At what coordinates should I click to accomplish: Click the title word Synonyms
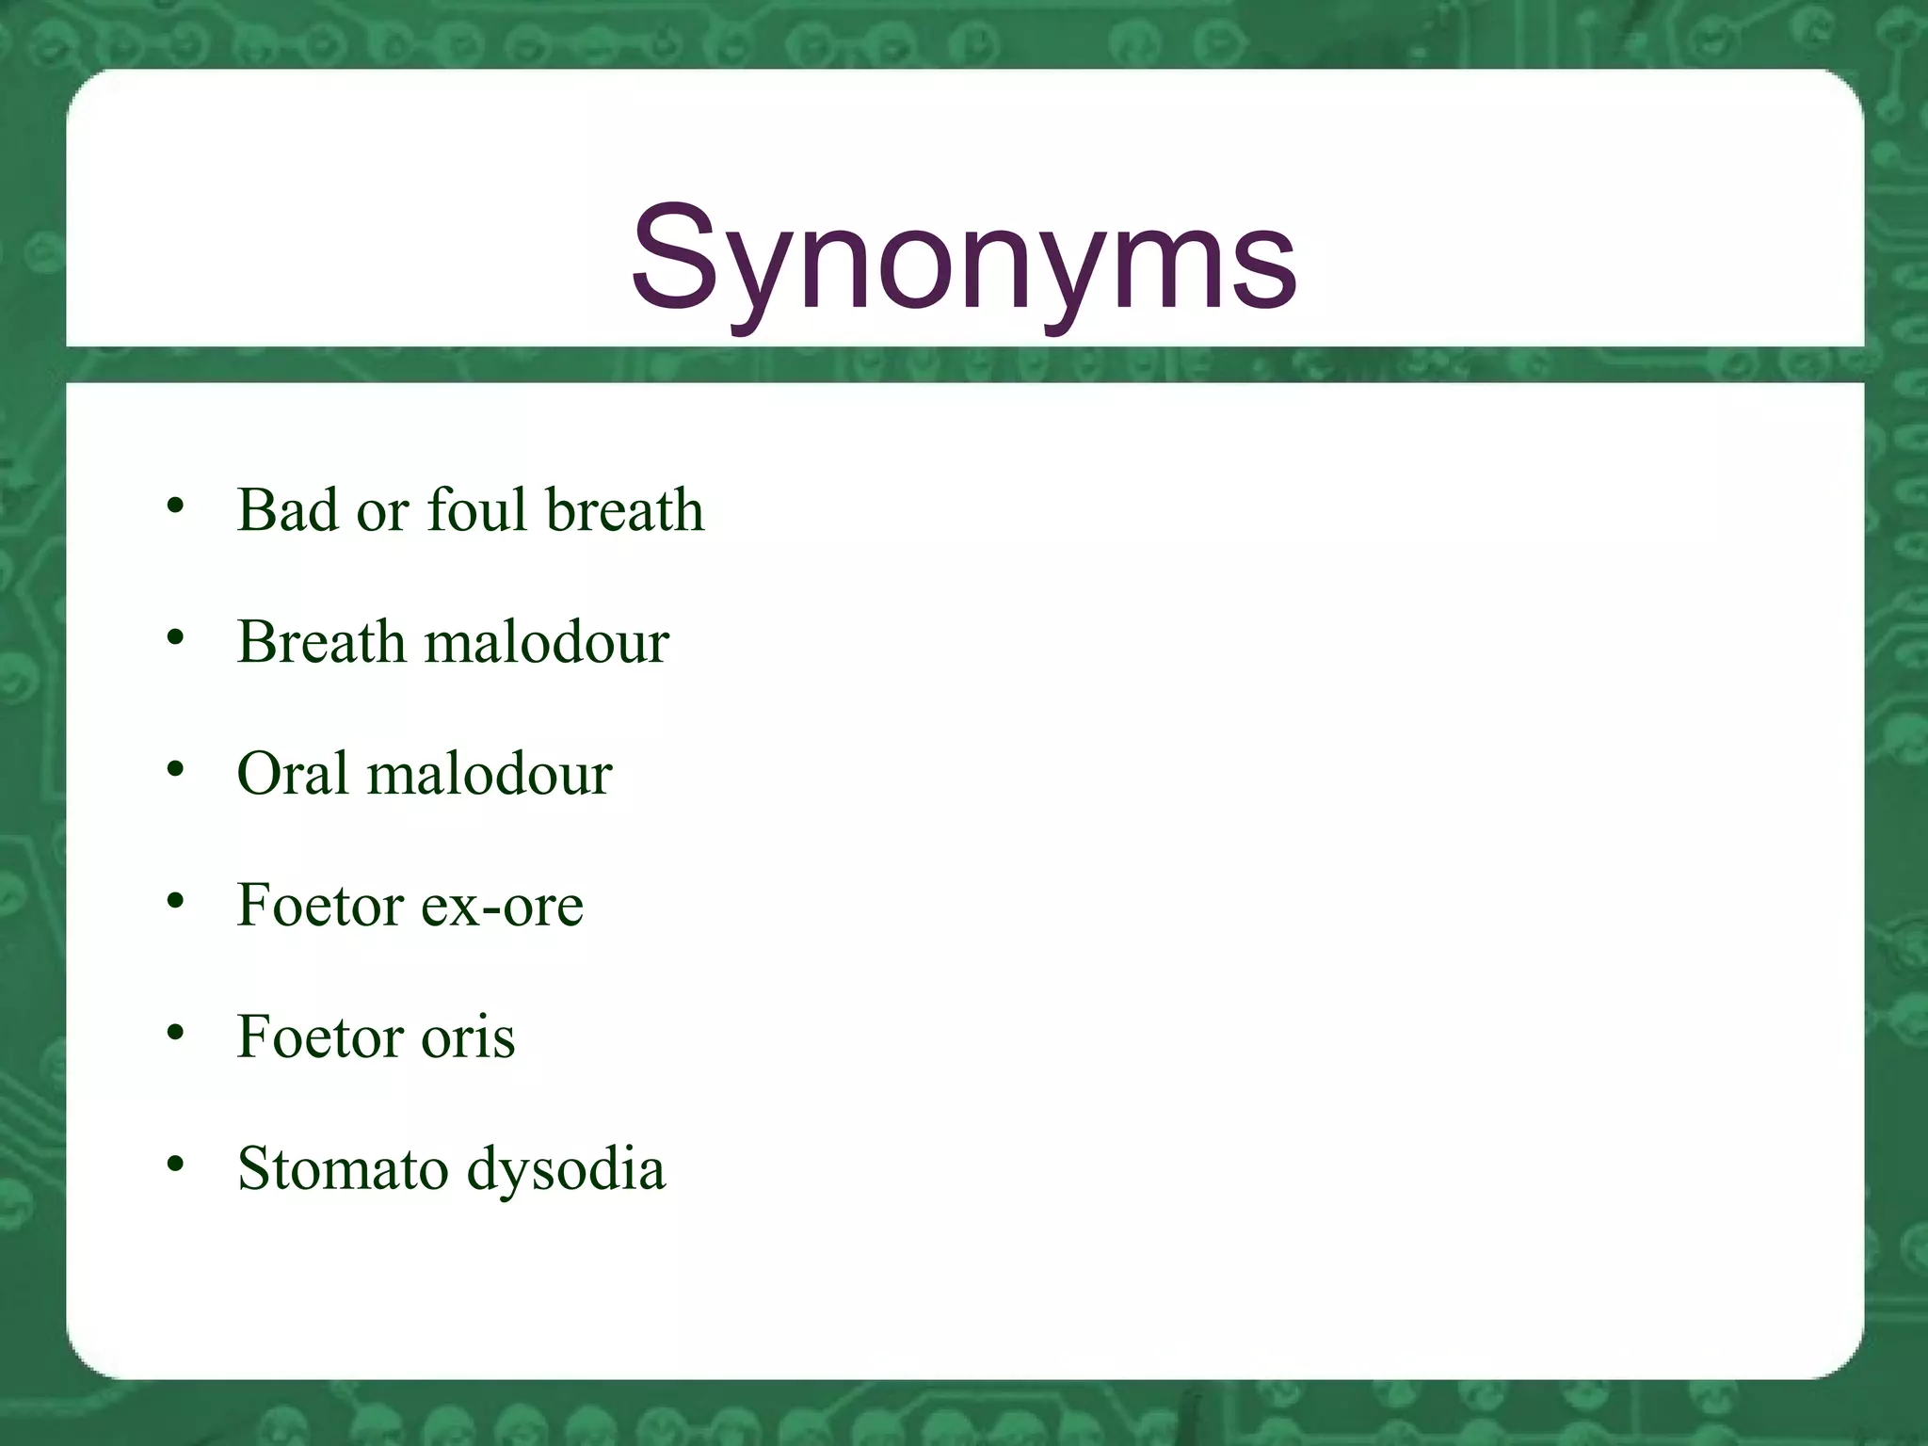[x=964, y=259]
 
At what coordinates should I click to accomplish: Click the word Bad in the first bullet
[x=287, y=510]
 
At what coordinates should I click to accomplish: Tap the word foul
[x=476, y=510]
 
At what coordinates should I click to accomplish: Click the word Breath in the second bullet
[x=321, y=642]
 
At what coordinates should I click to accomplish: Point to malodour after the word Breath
[x=547, y=642]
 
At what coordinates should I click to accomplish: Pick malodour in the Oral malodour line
[x=490, y=774]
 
